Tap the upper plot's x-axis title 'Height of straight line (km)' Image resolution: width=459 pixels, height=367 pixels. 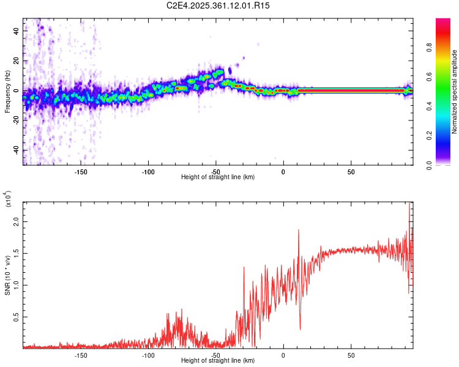(x=218, y=177)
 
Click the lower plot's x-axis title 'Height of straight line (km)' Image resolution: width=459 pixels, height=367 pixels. (x=218, y=360)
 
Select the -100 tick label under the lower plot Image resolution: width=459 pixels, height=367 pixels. (x=148, y=355)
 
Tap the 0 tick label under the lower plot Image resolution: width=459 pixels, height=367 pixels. (x=283, y=355)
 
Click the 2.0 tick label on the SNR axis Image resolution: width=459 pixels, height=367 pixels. (x=18, y=221)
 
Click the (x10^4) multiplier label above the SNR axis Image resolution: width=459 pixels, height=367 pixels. (x=9, y=199)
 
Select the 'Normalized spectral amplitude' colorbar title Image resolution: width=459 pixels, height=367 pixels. (x=454, y=92)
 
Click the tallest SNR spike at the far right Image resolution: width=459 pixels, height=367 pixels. (x=409, y=204)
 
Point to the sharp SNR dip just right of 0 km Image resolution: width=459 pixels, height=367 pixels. (x=300, y=329)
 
